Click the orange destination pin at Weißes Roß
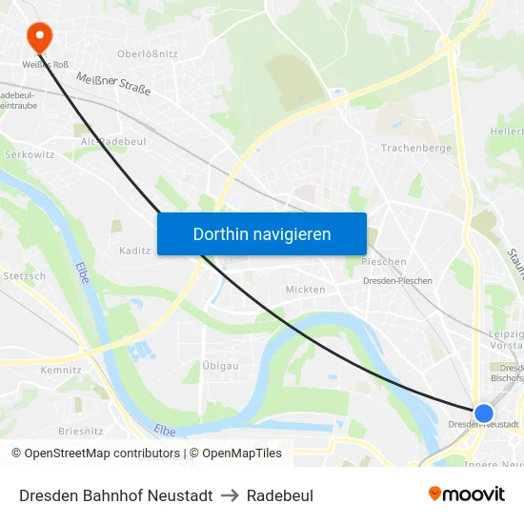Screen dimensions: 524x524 (x=39, y=36)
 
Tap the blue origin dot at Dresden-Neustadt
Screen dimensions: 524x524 (x=484, y=413)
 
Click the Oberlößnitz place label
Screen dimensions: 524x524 (x=147, y=54)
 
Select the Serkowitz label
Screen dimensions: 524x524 (x=30, y=153)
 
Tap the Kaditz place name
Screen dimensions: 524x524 (x=134, y=251)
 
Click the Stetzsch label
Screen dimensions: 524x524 (x=24, y=276)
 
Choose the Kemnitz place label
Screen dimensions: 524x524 (x=61, y=370)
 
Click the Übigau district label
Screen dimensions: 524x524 (x=220, y=366)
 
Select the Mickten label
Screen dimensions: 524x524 (x=305, y=290)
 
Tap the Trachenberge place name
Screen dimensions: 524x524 (x=415, y=149)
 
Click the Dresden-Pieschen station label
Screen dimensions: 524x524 (x=397, y=281)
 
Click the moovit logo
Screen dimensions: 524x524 (x=466, y=494)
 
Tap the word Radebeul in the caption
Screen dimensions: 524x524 (x=279, y=495)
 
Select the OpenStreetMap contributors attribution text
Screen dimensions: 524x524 (x=95, y=453)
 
